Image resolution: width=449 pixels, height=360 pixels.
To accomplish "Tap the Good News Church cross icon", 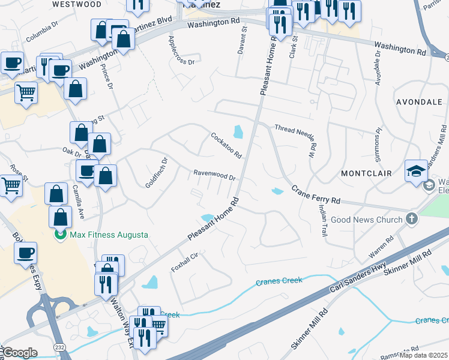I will (412, 219).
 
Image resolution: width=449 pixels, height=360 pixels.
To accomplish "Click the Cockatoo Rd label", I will (226, 145).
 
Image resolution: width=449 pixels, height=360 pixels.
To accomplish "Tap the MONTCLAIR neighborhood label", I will (366, 173).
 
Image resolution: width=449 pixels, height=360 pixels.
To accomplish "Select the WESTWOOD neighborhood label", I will (77, 4).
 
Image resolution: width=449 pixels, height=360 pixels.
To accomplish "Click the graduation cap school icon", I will (416, 170).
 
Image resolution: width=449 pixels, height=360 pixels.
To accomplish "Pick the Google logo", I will (19, 353).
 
